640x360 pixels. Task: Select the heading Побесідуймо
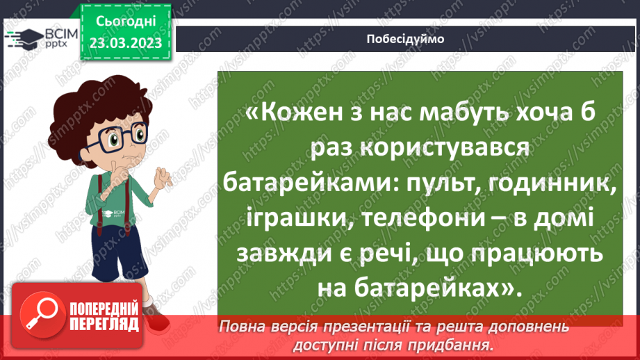coord(405,39)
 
